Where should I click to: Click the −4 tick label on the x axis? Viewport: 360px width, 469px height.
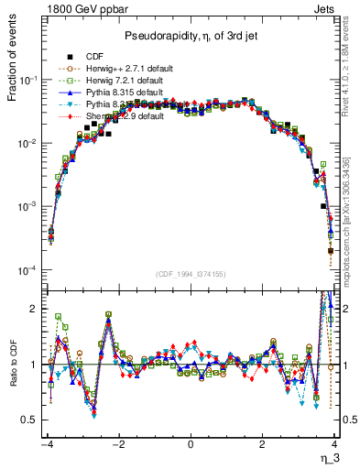pos(47,444)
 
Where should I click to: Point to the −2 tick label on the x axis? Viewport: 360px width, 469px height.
pos(117,444)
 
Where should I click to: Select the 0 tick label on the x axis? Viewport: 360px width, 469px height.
pos(190,444)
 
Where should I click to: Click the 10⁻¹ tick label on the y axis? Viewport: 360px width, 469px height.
pos(30,81)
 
